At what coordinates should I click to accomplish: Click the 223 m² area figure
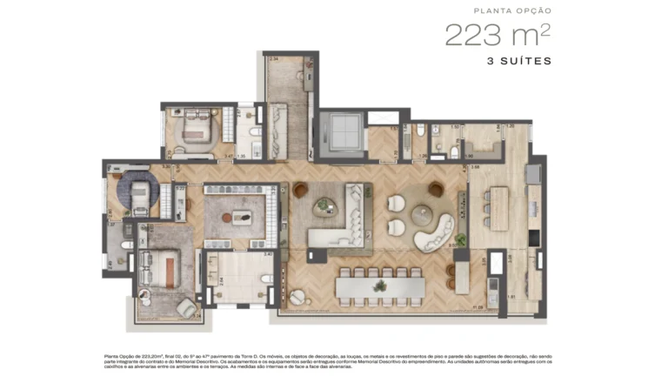[498, 35]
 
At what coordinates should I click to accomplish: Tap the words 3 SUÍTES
[518, 62]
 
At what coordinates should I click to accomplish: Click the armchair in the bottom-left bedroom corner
[185, 306]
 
